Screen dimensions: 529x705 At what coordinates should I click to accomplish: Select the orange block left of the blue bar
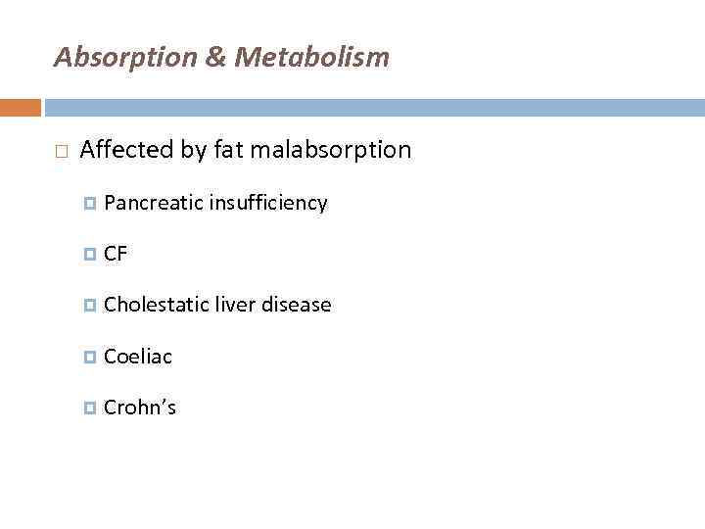(x=20, y=107)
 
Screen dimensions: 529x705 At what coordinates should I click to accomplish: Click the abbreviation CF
(x=116, y=254)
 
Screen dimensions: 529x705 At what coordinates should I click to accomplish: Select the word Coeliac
(x=137, y=357)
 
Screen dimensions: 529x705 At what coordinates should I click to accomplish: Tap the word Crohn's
(x=139, y=408)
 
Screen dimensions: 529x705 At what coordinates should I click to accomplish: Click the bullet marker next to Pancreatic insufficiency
(x=90, y=204)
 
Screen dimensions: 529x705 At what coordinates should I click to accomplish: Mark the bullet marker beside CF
(x=90, y=255)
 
